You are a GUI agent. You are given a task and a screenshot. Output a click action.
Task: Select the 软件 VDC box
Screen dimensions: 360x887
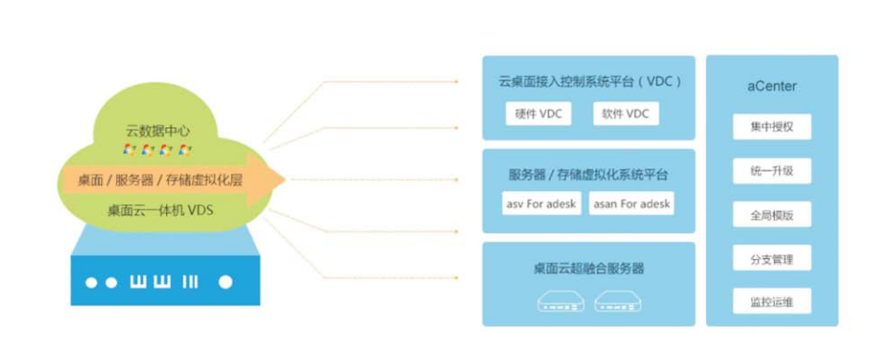624,114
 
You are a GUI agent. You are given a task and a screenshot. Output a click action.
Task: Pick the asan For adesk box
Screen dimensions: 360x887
631,203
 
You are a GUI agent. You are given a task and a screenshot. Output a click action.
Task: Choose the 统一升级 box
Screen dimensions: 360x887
772,171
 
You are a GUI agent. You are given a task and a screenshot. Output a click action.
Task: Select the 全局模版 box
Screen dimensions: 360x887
772,214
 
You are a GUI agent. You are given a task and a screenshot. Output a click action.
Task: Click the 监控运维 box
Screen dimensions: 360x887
772,302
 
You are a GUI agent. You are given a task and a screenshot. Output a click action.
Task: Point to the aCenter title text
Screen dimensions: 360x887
772,86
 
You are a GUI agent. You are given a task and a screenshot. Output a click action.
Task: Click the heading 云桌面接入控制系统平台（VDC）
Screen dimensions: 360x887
588,82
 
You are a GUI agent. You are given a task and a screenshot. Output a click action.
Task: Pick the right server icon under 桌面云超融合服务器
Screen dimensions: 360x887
619,301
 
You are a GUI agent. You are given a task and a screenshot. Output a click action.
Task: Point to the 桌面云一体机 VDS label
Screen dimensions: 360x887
160,211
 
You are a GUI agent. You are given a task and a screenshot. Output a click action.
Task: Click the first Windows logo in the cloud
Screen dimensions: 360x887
130,149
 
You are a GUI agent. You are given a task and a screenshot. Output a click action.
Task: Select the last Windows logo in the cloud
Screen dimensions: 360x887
185,149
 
